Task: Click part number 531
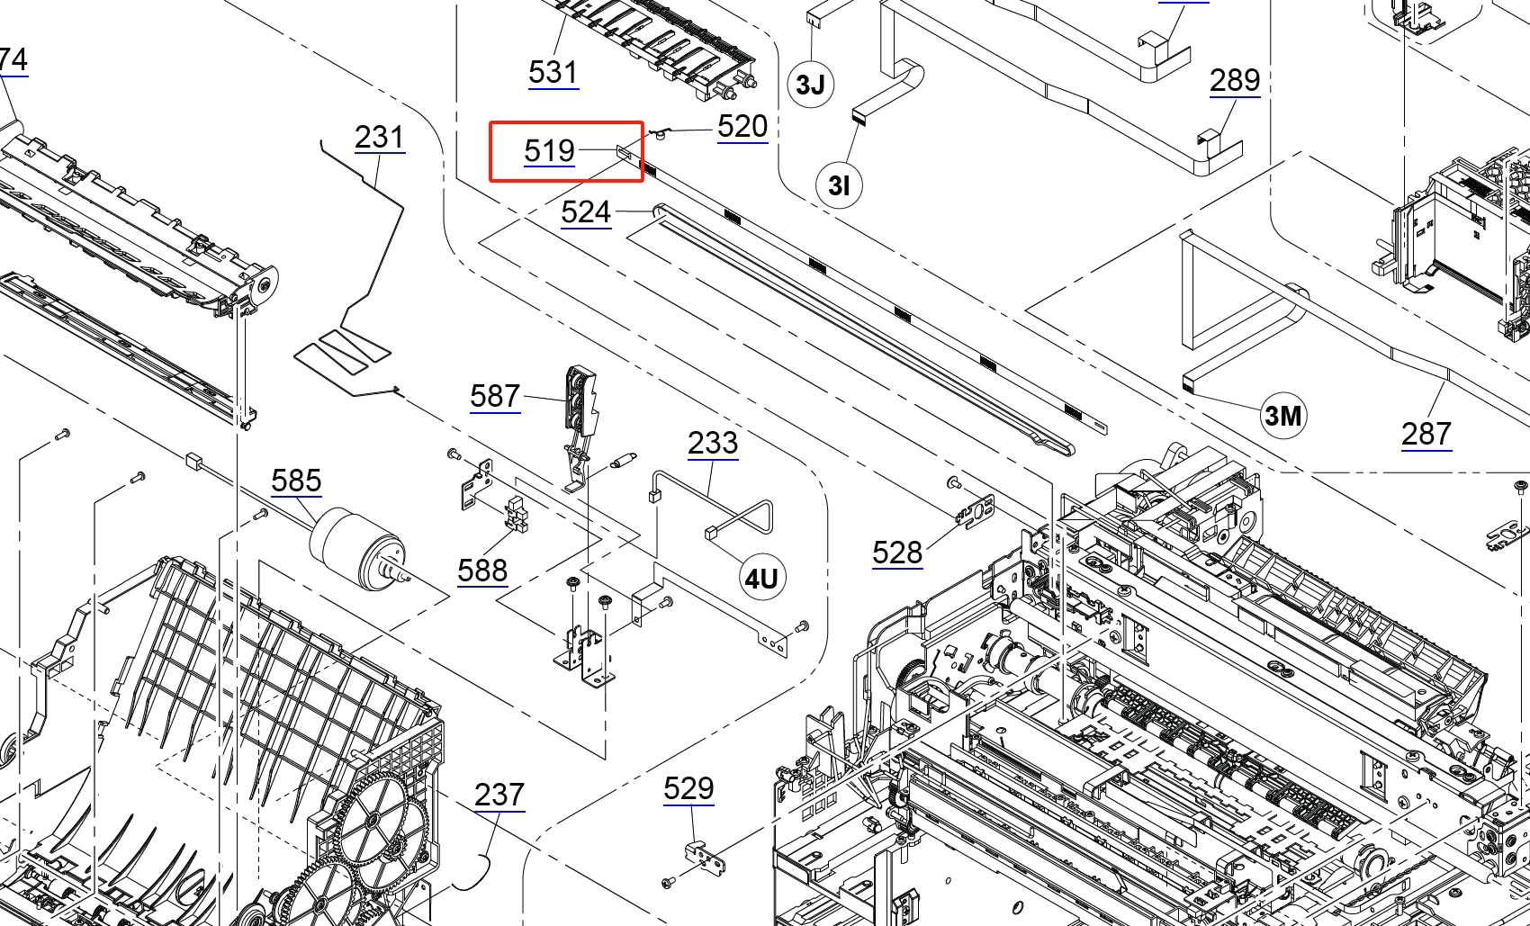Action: [553, 72]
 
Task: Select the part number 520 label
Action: [742, 126]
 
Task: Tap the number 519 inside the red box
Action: [549, 151]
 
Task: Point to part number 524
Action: [586, 212]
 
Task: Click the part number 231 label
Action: [380, 138]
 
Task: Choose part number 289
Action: [1235, 81]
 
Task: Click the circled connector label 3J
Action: [811, 85]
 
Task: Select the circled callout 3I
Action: [839, 185]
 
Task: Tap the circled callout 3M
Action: [1282, 415]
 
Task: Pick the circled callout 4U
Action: [761, 579]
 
